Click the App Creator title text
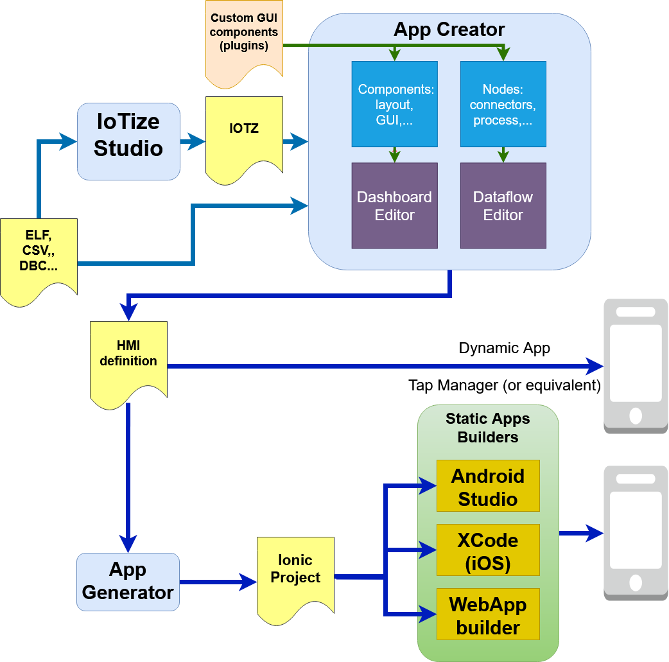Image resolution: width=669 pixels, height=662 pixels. click(x=449, y=30)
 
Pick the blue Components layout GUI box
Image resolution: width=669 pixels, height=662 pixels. click(x=394, y=104)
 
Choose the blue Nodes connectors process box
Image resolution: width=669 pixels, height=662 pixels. click(x=503, y=104)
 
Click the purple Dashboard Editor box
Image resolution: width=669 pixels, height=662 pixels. click(x=394, y=205)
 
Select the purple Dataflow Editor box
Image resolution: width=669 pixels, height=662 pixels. click(x=503, y=205)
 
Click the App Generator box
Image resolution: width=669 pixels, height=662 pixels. click(x=128, y=581)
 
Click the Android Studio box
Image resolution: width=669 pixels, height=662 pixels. click(x=488, y=486)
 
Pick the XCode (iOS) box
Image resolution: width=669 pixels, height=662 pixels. click(x=488, y=550)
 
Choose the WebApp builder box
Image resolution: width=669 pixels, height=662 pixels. click(x=488, y=614)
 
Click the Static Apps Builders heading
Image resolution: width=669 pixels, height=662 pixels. click(x=488, y=428)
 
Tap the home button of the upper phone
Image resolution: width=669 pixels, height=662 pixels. click(x=636, y=415)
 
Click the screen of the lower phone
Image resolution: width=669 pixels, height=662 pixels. click(x=636, y=530)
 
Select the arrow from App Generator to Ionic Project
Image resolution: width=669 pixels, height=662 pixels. click(x=218, y=582)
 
